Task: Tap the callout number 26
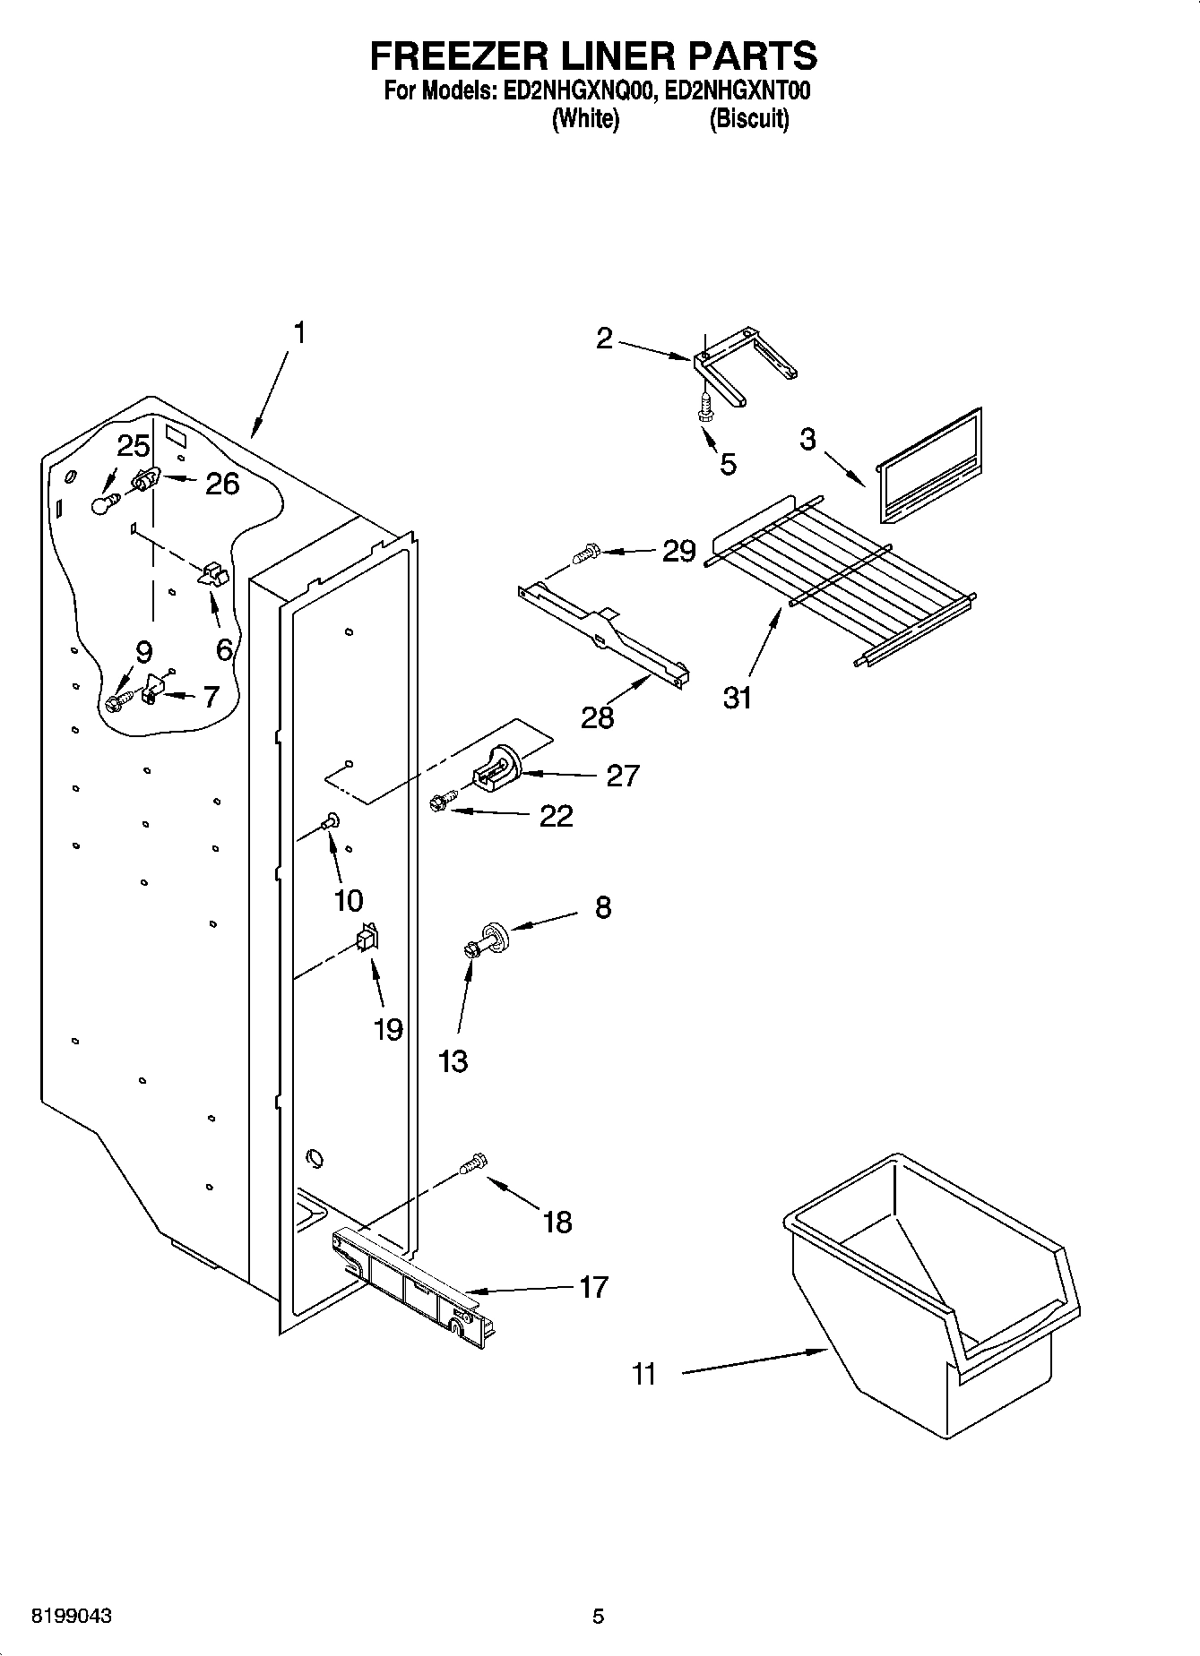[x=222, y=484]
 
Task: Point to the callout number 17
[x=593, y=1287]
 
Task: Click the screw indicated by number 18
[x=473, y=1163]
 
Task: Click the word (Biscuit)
[x=748, y=119]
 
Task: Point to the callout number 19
[x=388, y=1030]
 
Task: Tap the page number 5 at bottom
[x=599, y=1617]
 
